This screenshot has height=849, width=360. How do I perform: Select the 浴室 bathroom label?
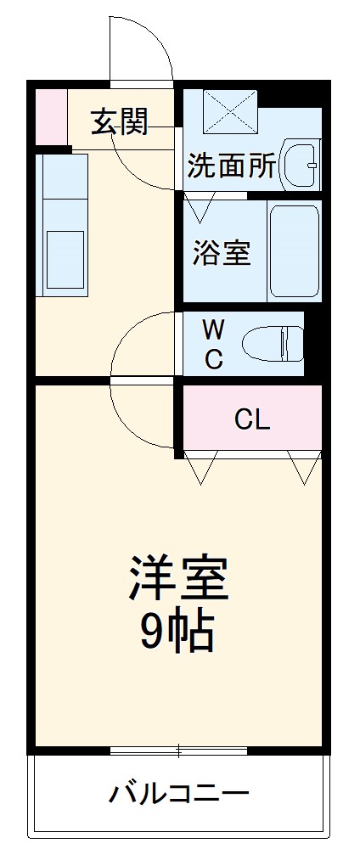(x=222, y=252)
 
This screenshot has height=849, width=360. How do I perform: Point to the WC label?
(x=213, y=344)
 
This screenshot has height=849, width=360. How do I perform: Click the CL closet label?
(x=252, y=419)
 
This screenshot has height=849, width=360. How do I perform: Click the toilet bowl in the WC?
(x=272, y=345)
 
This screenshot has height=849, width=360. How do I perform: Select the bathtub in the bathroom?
(x=294, y=251)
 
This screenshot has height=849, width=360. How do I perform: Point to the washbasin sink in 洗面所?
(x=299, y=164)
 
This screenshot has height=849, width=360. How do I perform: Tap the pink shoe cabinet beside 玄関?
(x=50, y=115)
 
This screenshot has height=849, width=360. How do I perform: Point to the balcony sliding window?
(x=178, y=751)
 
